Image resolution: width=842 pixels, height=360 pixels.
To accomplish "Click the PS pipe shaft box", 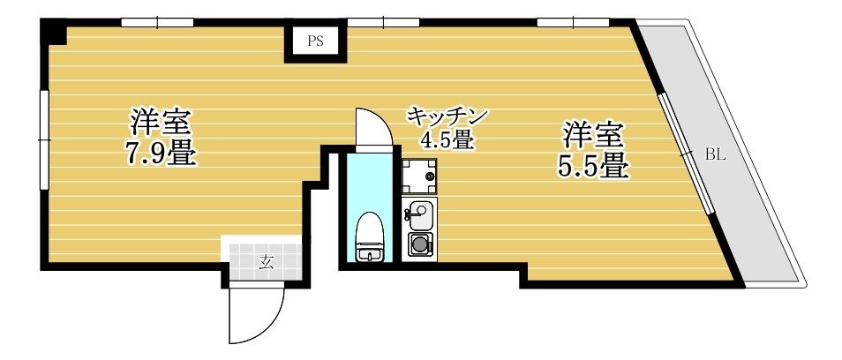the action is [x=316, y=41].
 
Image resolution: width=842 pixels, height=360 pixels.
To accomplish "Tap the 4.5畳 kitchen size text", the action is [x=447, y=140].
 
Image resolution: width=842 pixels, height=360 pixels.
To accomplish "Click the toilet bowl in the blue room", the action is [x=370, y=229].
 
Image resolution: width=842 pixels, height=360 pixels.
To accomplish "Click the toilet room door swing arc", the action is [x=381, y=121].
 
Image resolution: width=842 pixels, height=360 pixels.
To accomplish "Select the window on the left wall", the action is [x=44, y=139].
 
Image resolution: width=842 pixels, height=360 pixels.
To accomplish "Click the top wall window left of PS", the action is [x=157, y=23].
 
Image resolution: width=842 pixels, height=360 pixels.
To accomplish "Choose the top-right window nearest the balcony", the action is [x=574, y=23].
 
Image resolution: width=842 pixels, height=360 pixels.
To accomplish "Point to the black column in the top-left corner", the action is [x=54, y=32].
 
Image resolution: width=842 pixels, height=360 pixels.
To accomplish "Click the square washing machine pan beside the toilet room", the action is [x=419, y=176].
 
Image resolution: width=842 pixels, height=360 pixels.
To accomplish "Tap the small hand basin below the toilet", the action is [x=370, y=255].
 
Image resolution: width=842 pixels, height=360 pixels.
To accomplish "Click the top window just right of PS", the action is [x=383, y=23].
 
